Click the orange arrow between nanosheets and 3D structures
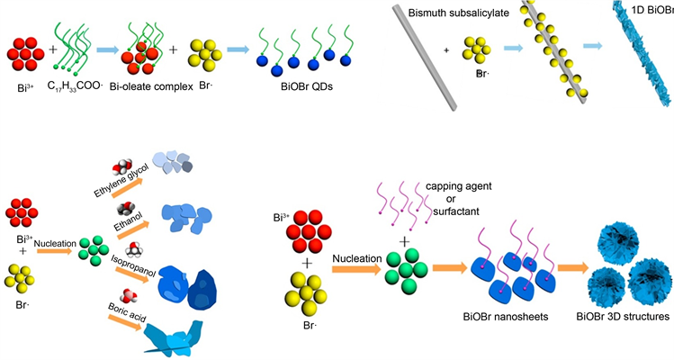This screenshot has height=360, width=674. coord(571,268)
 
